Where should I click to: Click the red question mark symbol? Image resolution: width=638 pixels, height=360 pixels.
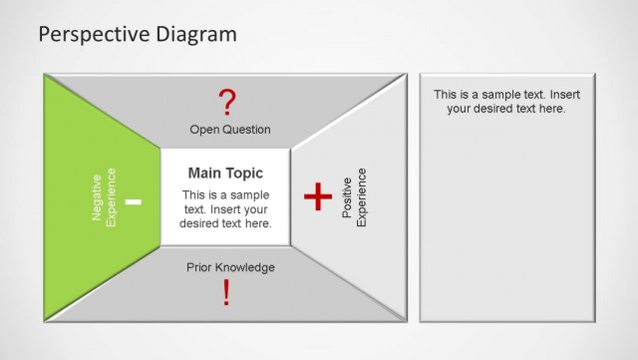click(x=227, y=102)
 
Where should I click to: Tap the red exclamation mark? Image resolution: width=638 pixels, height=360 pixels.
click(x=226, y=292)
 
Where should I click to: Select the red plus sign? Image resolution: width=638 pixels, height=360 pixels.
click(x=317, y=197)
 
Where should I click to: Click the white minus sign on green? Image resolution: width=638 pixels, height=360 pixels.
click(x=134, y=202)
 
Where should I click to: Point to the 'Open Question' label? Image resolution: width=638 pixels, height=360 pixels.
click(x=230, y=130)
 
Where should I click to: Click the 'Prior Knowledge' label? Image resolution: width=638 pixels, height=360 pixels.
click(x=230, y=267)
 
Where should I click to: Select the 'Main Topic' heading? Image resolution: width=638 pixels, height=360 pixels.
click(x=225, y=174)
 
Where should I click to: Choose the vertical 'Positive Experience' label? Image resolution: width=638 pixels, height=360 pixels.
click(x=354, y=197)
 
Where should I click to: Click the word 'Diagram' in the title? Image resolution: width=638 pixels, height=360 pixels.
click(x=195, y=34)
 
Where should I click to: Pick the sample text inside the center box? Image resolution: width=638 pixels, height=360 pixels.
click(x=225, y=208)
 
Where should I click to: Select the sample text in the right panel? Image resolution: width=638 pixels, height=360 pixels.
click(x=506, y=101)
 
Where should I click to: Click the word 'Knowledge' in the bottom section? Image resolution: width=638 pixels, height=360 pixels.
click(x=248, y=267)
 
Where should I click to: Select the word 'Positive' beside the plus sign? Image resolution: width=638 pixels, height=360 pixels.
click(x=348, y=197)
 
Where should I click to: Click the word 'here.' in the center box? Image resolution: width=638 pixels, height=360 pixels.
click(x=257, y=223)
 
